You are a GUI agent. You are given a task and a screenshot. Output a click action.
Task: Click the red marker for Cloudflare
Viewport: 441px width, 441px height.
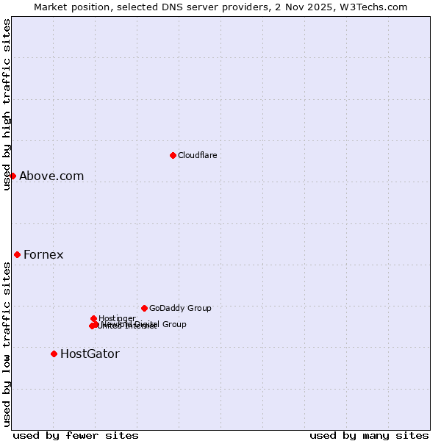[173, 155]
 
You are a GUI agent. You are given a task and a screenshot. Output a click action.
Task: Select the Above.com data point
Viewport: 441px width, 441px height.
[12, 176]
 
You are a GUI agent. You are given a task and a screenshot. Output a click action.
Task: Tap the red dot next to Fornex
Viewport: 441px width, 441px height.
[17, 254]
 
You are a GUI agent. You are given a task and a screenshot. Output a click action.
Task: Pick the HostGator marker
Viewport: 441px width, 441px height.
[54, 354]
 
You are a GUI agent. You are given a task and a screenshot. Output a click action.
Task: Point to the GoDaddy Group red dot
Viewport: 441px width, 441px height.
[144, 308]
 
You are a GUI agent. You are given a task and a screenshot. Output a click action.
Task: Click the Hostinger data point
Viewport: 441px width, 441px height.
[93, 318]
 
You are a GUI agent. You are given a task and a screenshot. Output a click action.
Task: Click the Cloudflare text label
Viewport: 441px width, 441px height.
[197, 155]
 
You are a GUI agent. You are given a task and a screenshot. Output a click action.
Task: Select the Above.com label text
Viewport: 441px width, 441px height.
[51, 176]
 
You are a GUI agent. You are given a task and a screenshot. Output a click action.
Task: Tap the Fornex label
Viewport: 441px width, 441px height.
[43, 254]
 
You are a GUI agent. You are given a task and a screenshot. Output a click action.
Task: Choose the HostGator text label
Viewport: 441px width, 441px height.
[90, 354]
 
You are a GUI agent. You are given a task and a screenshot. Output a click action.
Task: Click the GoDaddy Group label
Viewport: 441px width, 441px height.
[180, 308]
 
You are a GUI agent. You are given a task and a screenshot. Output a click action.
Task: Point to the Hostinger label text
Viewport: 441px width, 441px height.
[117, 318]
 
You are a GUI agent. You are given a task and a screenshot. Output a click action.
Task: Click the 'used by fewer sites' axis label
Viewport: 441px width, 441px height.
[76, 435]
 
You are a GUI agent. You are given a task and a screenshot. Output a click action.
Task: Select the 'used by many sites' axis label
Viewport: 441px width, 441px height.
[369, 435]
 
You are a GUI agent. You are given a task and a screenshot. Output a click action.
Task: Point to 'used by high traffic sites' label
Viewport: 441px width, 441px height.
[7, 104]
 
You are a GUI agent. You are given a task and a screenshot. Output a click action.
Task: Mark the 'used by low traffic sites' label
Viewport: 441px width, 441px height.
[7, 344]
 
